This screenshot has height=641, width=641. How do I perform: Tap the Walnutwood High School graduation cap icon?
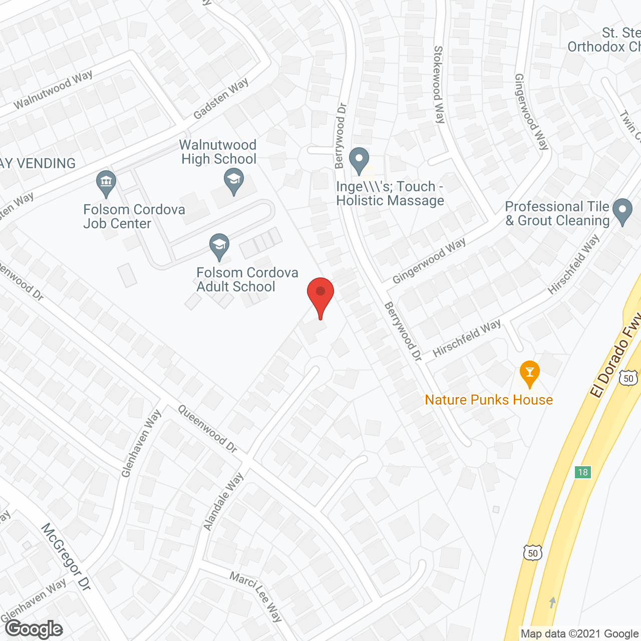[x=233, y=181]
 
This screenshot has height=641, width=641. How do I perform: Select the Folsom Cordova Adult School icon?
[x=219, y=246]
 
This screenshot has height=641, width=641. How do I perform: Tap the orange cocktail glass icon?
[x=529, y=373]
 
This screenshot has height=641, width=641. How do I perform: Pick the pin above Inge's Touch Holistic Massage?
[x=359, y=160]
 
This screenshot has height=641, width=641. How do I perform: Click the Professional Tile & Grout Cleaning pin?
[x=622, y=211]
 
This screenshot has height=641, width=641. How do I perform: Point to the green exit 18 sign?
[x=583, y=472]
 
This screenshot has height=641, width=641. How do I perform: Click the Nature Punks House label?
[x=489, y=400]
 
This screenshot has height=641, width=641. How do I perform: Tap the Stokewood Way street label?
[x=439, y=85]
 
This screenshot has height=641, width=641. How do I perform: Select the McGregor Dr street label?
[x=66, y=556]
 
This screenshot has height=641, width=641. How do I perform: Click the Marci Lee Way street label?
[x=256, y=596]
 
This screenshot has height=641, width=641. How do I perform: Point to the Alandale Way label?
[x=223, y=501]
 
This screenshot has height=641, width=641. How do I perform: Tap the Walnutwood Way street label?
[x=53, y=90]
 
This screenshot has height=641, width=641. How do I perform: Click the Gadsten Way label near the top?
[x=221, y=99]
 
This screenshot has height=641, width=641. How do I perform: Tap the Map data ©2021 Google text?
[x=579, y=633]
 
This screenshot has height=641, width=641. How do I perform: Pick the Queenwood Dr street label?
[x=208, y=429]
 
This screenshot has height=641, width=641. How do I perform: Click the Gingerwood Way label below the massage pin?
[x=429, y=260]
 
